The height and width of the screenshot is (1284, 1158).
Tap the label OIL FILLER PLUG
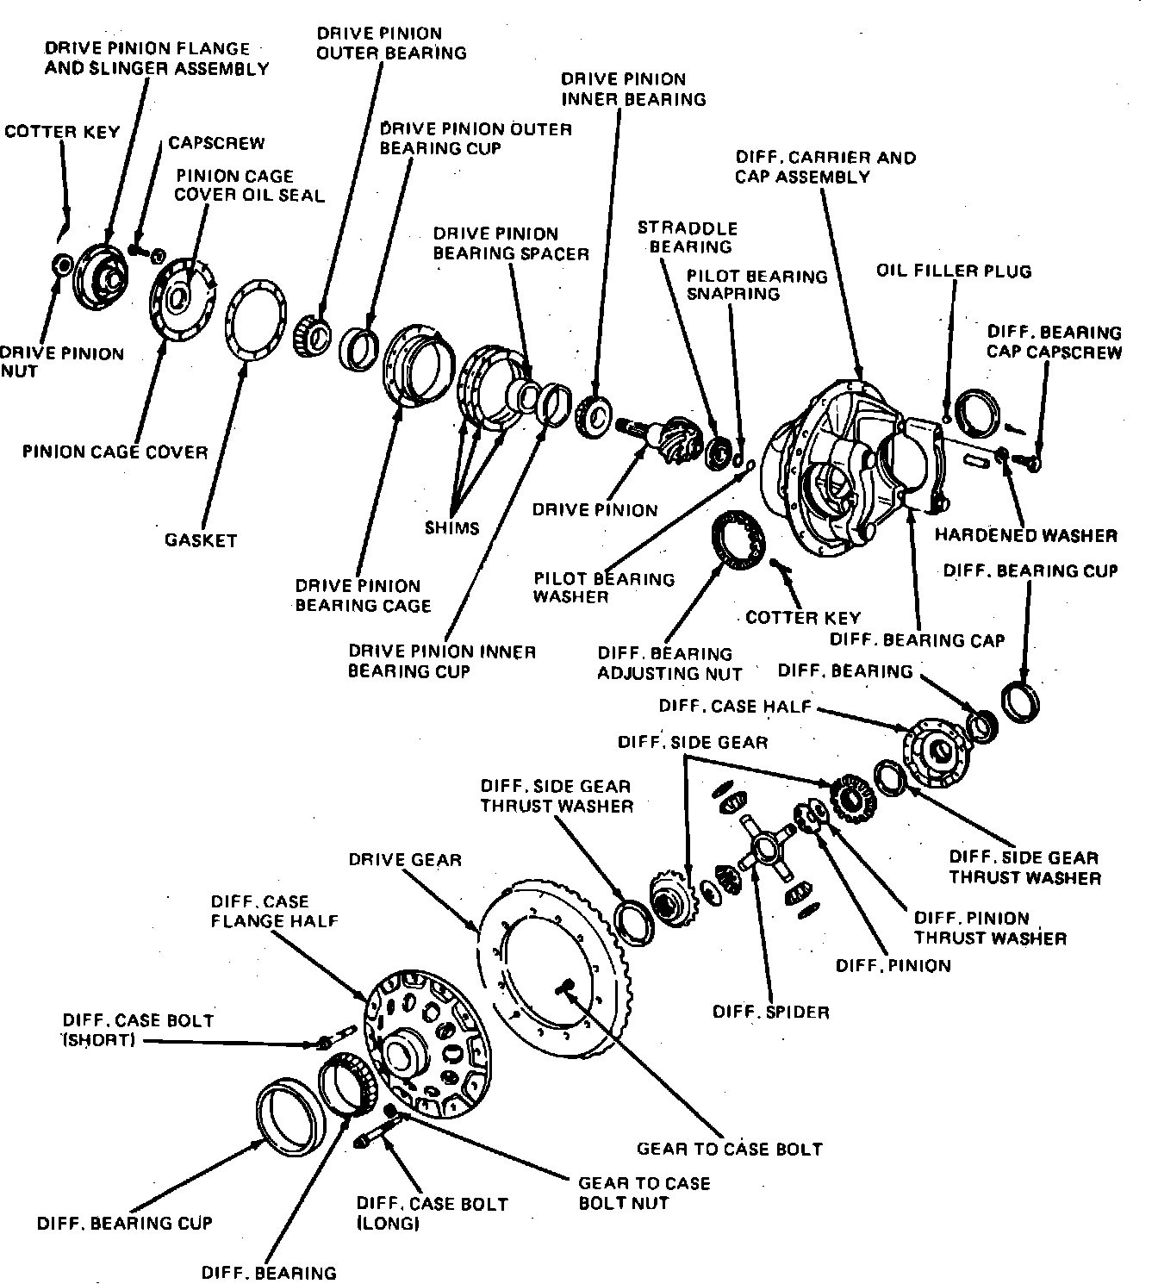click(953, 271)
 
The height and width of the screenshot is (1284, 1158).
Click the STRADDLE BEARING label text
click(687, 237)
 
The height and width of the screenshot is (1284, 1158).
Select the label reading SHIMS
click(451, 527)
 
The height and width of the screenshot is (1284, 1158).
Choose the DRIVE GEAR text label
click(405, 859)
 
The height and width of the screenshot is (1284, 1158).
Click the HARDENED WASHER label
click(1025, 535)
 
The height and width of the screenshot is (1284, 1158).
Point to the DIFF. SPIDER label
click(770, 1012)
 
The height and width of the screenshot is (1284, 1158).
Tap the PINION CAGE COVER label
click(115, 452)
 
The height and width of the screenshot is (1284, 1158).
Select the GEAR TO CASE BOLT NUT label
click(644, 1193)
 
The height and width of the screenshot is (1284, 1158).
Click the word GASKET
click(201, 540)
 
